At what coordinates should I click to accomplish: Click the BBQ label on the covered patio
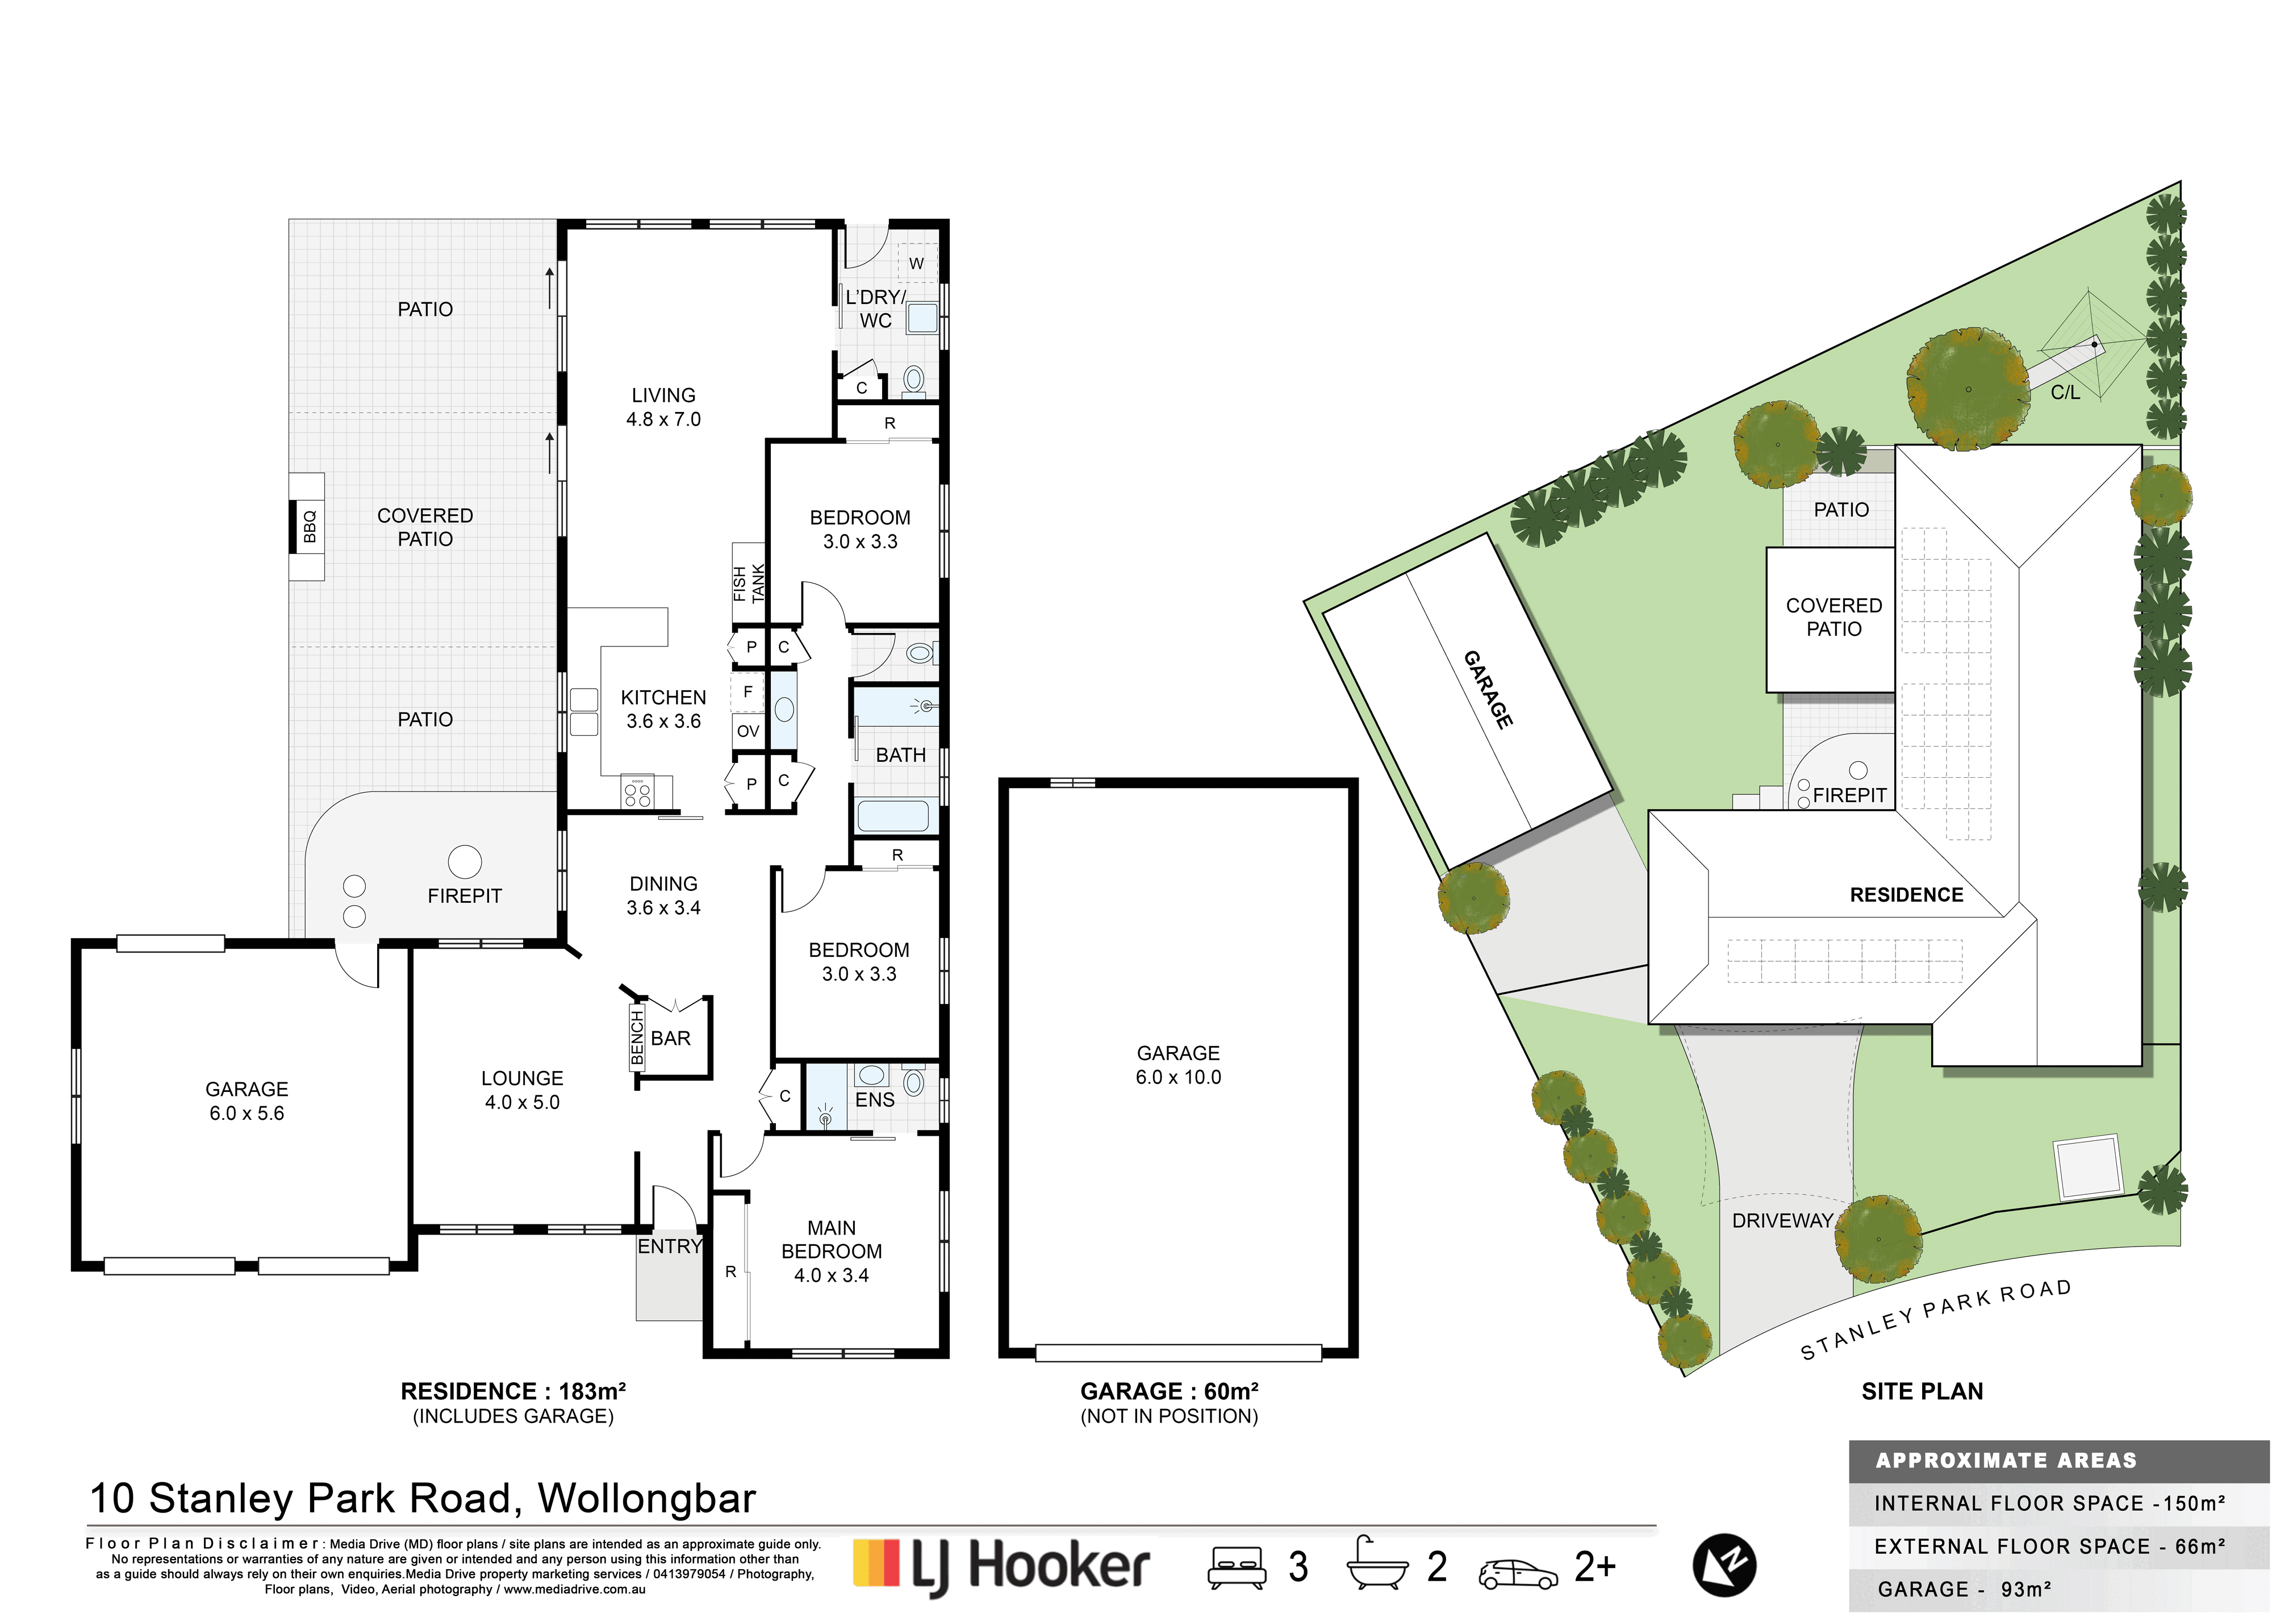(x=309, y=527)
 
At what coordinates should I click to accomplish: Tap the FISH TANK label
(x=749, y=584)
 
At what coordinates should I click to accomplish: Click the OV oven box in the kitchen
(x=747, y=731)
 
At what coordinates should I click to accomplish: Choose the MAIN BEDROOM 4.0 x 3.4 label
(x=831, y=1252)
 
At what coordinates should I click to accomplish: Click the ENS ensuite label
(x=875, y=1099)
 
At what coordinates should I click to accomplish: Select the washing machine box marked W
(x=917, y=263)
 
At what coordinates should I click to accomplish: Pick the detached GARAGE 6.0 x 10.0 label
(x=1179, y=1065)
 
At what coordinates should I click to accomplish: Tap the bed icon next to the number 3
(x=1237, y=1568)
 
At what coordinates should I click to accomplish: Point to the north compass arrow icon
(x=1724, y=1566)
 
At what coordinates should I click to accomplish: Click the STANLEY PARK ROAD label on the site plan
(x=1936, y=1319)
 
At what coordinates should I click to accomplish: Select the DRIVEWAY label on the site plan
(x=1782, y=1220)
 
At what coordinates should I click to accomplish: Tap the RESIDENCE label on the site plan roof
(x=1907, y=895)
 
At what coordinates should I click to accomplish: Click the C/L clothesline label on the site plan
(x=2065, y=393)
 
